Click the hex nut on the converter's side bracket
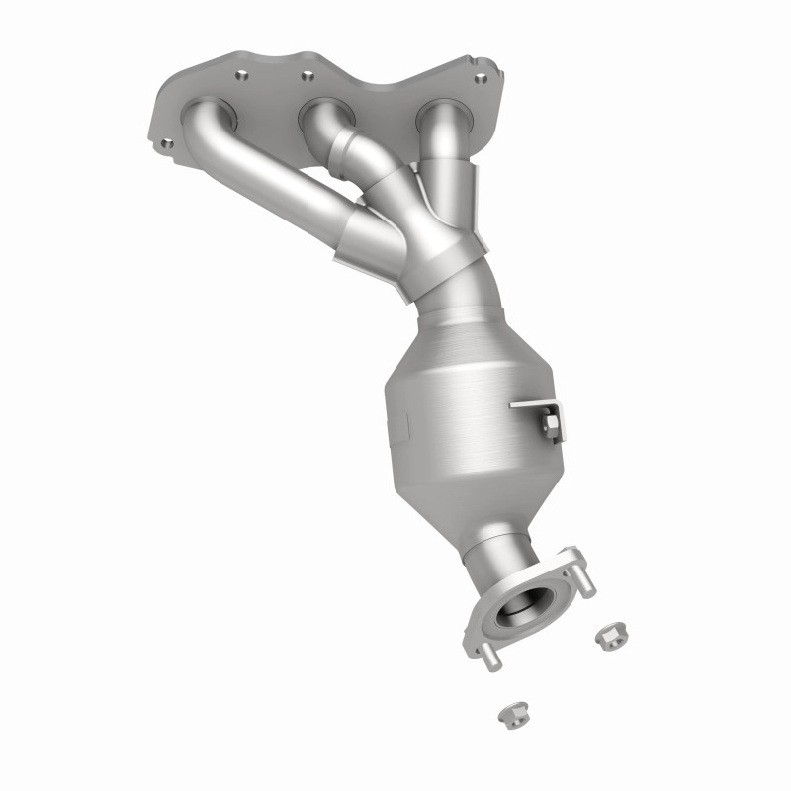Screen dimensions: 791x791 click(550, 425)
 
